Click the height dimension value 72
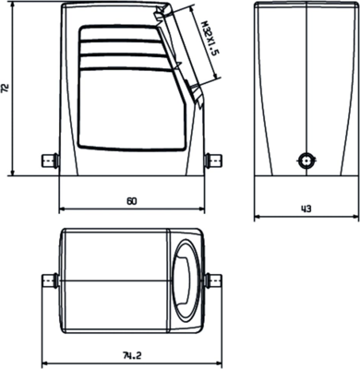pyautogui.click(x=8, y=89)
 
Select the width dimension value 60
pyautogui.click(x=131, y=201)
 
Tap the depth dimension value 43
pyautogui.click(x=306, y=208)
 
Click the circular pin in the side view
pyautogui.click(x=305, y=159)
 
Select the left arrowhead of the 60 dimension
pyautogui.click(x=62, y=208)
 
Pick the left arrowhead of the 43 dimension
pyautogui.click(x=258, y=218)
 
